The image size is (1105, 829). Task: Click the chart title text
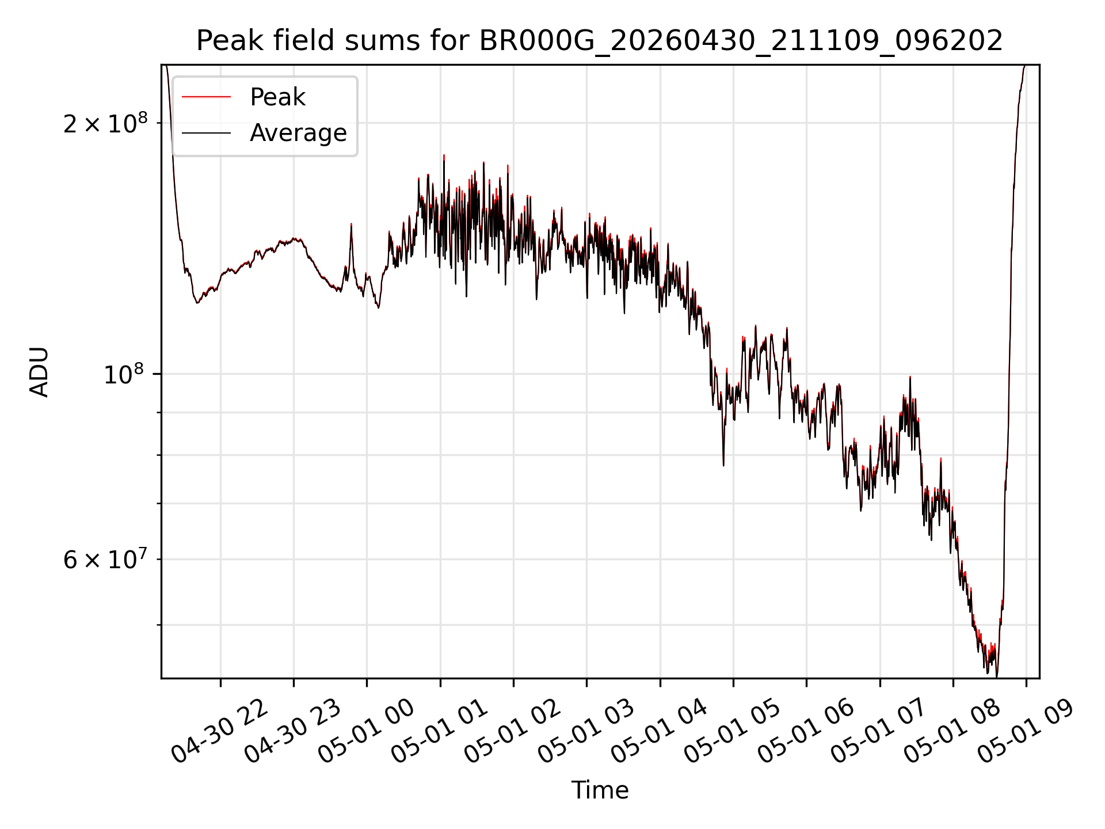click(600, 41)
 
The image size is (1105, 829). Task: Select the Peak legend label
click(277, 97)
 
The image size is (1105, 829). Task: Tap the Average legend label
click(298, 133)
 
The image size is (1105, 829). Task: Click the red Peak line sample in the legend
click(206, 97)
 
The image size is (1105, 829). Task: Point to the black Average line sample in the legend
click(206, 133)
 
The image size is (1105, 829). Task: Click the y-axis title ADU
click(39, 371)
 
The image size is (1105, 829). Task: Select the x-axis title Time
click(600, 790)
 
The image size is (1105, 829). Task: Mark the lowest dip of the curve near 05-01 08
click(997, 676)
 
